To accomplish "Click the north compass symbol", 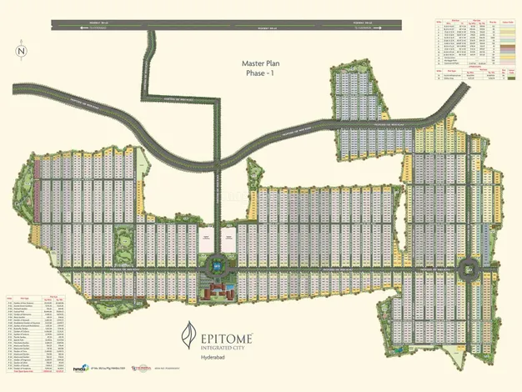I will pos(21,50).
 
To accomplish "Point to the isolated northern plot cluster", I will pos(357,94).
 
